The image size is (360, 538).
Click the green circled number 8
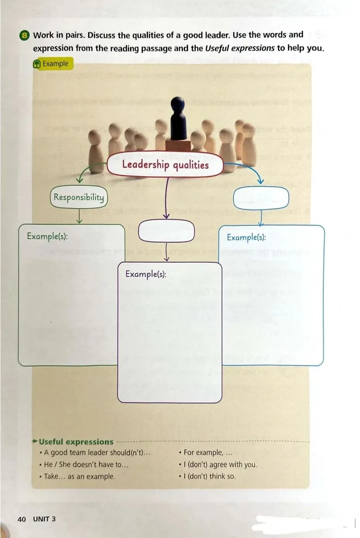tap(24, 36)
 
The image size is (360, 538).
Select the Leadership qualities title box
tap(165, 165)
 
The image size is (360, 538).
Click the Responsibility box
tap(79, 197)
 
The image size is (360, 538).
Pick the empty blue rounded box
tap(261, 198)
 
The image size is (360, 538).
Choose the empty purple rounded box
tap(166, 231)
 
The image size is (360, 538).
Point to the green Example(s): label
tap(47, 236)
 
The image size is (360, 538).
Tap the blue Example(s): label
tap(246, 237)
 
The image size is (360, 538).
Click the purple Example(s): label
tap(146, 274)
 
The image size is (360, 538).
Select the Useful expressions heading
tap(76, 442)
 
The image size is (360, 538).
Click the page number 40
tap(22, 519)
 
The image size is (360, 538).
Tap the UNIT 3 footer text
tap(44, 519)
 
